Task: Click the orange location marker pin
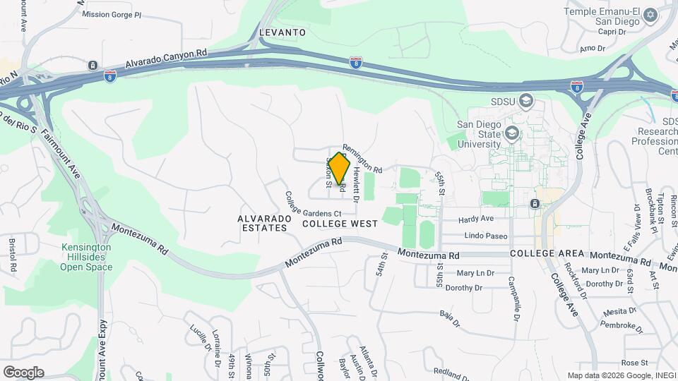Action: [x=340, y=169]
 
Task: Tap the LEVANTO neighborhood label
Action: [x=282, y=32]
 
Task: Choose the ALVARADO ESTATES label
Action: [x=264, y=224]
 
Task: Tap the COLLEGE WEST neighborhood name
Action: [x=340, y=223]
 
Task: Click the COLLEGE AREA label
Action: [x=547, y=253]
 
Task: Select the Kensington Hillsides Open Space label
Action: [x=86, y=258]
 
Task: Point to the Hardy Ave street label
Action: [x=475, y=219]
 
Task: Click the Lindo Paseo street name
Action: [x=487, y=236]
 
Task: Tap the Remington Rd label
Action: [x=362, y=160]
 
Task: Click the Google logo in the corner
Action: [x=23, y=373]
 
